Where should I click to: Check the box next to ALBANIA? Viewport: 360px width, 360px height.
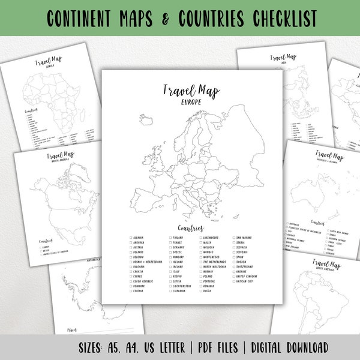[x=130, y=238]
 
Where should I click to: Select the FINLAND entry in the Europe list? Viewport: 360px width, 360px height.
[x=179, y=238]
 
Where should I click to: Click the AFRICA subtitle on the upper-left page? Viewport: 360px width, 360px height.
[x=41, y=68]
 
